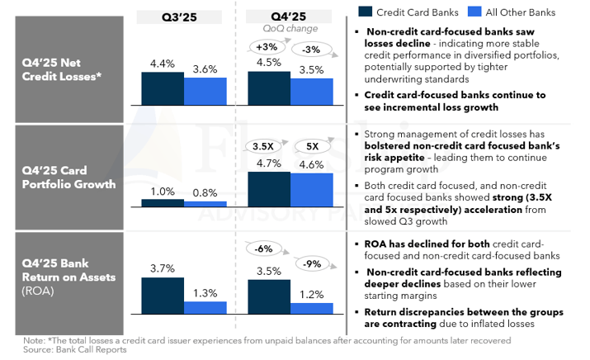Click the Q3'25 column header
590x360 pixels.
179,16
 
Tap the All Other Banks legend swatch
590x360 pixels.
474,12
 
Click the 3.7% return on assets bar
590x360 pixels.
162,296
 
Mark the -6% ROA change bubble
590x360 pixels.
264,249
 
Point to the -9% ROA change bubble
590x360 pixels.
312,265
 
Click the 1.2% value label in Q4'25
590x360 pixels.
312,294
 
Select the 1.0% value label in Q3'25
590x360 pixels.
162,191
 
